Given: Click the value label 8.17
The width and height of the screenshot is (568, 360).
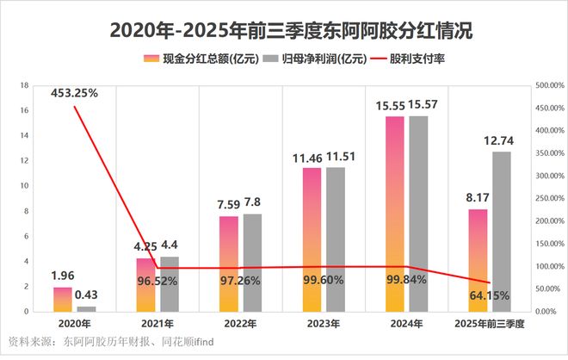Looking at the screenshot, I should point(477,198).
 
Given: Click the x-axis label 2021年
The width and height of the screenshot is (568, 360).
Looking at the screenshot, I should point(158,322).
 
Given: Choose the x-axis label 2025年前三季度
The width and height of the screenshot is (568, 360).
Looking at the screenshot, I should point(488,322).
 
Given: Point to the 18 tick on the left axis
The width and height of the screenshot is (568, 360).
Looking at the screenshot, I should point(25,86).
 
